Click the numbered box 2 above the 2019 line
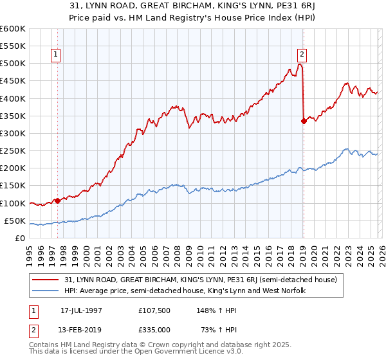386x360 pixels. coord(302,55)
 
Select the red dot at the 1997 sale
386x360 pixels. coord(58,201)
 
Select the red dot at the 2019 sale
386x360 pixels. coord(304,121)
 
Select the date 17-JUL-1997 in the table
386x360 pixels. coord(81,310)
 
